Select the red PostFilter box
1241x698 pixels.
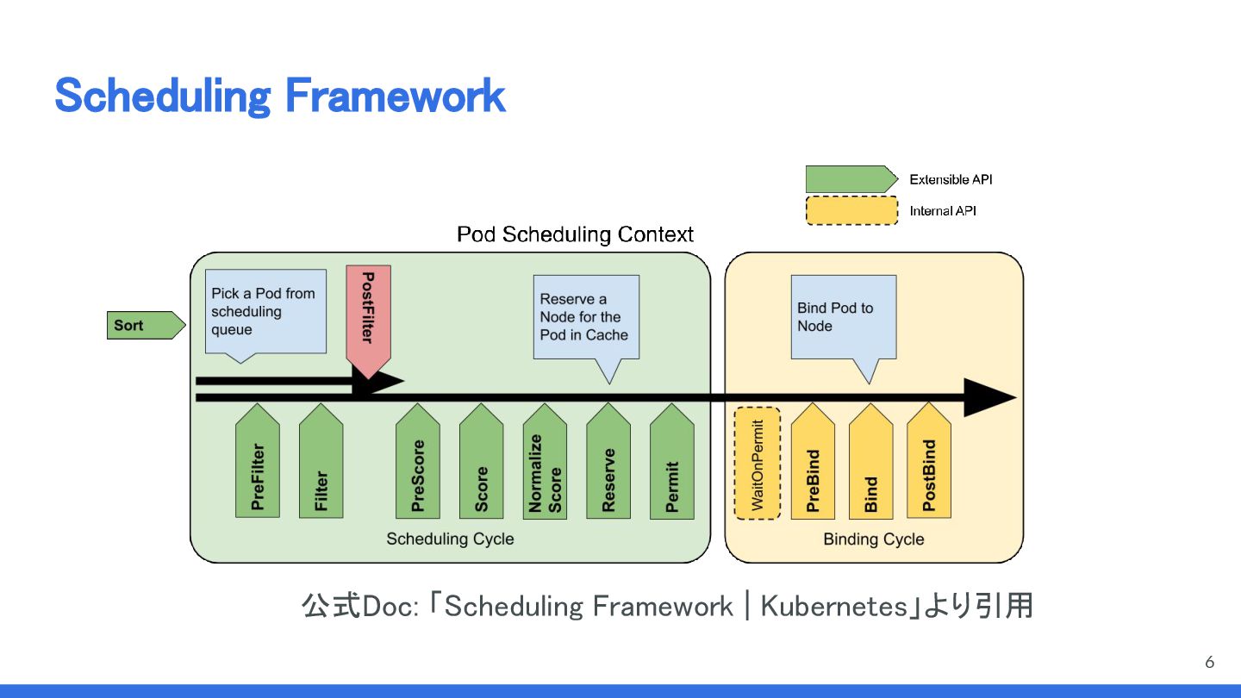click(x=368, y=315)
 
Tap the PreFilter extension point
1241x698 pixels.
click(x=258, y=465)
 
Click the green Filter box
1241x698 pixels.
click(x=321, y=465)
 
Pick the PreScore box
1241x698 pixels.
click(x=418, y=465)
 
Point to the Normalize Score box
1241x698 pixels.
click(x=545, y=465)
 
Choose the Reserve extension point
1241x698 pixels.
click(x=608, y=465)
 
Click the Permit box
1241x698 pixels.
click(x=672, y=465)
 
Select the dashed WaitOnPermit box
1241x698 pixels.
click(x=758, y=464)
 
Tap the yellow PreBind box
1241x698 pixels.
click(x=813, y=465)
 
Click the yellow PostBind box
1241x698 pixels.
click(x=929, y=465)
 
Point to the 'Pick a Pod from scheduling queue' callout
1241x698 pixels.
click(x=265, y=311)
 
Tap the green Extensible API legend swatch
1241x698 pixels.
click(x=849, y=179)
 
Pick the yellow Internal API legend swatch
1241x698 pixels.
click(x=851, y=210)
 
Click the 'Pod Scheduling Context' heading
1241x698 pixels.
click(x=575, y=234)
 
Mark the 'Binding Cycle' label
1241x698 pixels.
click(x=873, y=539)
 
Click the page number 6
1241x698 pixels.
click(x=1210, y=662)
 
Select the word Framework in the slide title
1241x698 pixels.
click(x=395, y=96)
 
